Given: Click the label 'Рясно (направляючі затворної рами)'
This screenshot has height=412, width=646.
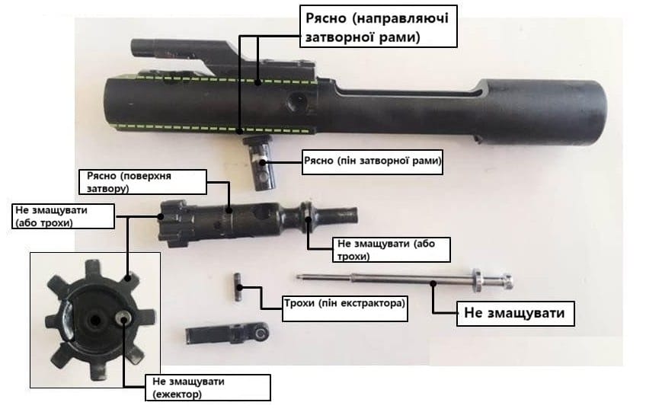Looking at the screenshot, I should pyautogui.click(x=378, y=27).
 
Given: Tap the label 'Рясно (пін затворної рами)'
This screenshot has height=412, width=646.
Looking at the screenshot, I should pyautogui.click(x=373, y=161).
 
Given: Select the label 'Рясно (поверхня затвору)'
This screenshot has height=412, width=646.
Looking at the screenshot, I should pyautogui.click(x=143, y=181).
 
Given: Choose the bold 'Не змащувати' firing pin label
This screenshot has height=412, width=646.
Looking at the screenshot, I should pyautogui.click(x=514, y=312).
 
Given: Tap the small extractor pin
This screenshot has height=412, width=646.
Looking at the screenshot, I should pyautogui.click(x=237, y=289).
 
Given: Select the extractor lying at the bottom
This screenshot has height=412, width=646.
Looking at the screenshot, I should pyautogui.click(x=228, y=334).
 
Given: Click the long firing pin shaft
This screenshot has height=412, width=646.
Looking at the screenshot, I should pyautogui.click(x=381, y=276).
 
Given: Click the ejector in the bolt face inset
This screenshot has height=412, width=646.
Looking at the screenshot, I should pyautogui.click(x=121, y=318).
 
